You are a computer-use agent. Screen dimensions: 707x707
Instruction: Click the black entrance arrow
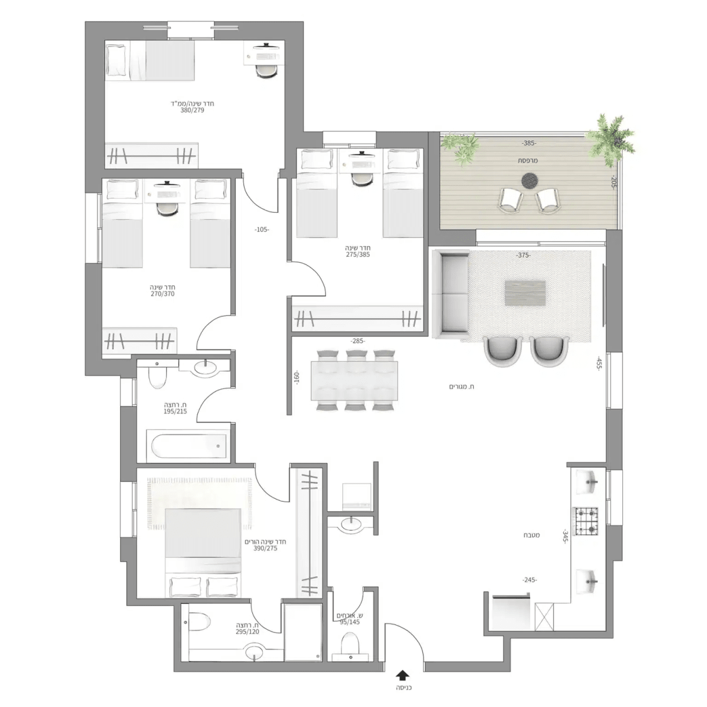coord(403,675)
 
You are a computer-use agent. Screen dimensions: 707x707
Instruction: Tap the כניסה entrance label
coord(403,688)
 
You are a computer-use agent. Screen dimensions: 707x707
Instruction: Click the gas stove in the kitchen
coord(586,521)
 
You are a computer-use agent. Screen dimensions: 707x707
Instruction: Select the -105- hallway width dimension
coord(262,230)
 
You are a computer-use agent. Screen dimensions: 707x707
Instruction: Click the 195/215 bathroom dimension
coord(175,412)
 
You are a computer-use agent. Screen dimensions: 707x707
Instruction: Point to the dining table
coord(355,381)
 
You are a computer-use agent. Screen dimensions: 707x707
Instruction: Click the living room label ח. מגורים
coord(463,386)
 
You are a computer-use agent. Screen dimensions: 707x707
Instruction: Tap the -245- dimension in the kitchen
coord(528,580)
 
